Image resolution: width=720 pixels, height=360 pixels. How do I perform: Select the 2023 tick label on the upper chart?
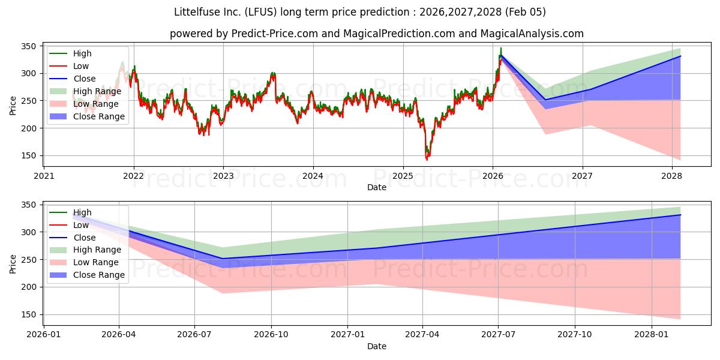(223, 176)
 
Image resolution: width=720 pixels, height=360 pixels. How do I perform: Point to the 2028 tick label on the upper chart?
(672, 176)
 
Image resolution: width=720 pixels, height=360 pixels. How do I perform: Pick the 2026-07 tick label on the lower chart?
(195, 335)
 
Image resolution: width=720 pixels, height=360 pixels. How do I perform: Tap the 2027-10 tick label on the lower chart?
(575, 335)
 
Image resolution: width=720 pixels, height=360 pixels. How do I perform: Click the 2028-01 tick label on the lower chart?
(651, 335)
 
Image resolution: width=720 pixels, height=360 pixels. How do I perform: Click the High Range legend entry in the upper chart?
(97, 91)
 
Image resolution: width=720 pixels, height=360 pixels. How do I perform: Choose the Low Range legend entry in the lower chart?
(95, 262)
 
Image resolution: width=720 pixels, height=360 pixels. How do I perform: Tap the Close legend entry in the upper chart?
(85, 79)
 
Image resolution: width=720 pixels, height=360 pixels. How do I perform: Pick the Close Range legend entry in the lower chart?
(99, 275)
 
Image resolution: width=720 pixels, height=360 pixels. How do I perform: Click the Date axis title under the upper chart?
(377, 188)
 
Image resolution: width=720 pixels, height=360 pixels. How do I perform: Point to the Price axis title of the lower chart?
(13, 263)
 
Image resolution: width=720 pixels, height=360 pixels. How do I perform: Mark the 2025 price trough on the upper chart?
(427, 160)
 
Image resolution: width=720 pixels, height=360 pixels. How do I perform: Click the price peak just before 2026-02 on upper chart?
(501, 49)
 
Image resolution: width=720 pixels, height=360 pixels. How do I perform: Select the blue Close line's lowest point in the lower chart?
(223, 259)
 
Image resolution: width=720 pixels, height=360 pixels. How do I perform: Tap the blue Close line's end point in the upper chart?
(680, 56)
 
